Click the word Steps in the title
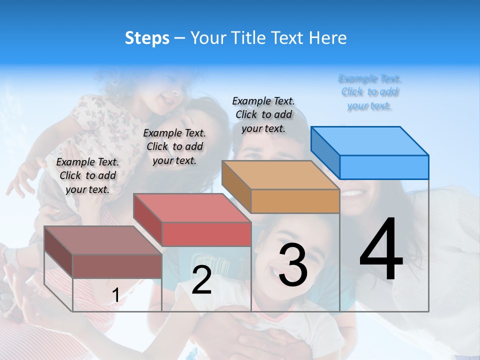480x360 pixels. click(x=146, y=38)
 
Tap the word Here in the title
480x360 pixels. click(x=328, y=38)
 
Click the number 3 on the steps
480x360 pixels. click(x=292, y=265)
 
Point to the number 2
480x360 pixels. click(x=201, y=280)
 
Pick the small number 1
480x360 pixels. click(x=115, y=295)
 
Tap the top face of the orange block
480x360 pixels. click(x=280, y=175)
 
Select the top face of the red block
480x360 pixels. click(x=192, y=208)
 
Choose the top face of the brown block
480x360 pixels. click(x=103, y=240)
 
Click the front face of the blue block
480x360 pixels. click(x=384, y=167)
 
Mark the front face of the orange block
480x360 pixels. click(x=295, y=201)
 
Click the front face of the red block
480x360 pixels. click(x=206, y=234)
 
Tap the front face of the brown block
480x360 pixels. click(x=117, y=266)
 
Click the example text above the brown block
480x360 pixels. click(x=87, y=175)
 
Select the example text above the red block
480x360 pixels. click(x=174, y=146)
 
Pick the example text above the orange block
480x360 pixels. click(x=263, y=114)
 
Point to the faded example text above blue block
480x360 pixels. click(x=370, y=92)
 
